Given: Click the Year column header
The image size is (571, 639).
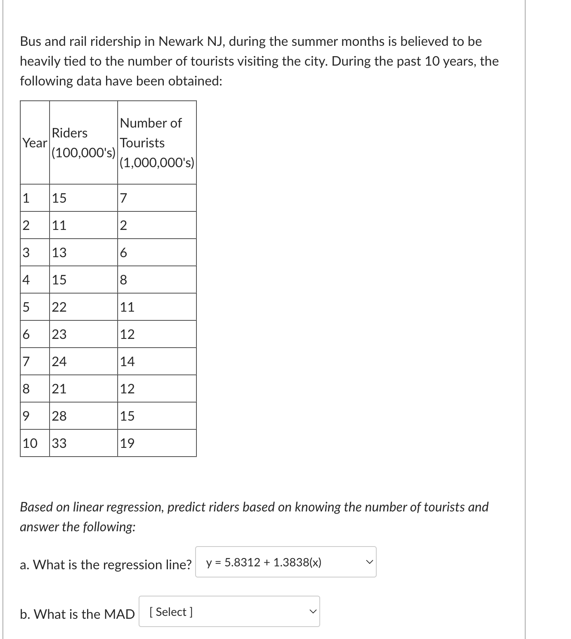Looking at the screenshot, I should pos(35,143).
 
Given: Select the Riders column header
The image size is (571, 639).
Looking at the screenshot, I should pos(83,143).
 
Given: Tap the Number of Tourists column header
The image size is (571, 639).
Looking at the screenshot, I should pos(156,143).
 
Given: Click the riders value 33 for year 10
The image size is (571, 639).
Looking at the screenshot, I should pos(59,443).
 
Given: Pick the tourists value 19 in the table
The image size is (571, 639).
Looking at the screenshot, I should pos(127,443).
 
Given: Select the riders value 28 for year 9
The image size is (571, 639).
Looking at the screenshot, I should pos(59,416).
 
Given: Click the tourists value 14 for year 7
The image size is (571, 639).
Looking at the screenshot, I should pos(127,362).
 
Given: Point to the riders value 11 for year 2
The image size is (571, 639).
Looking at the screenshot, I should pos(59,225).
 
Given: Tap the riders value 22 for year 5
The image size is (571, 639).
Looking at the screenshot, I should pos(59,307).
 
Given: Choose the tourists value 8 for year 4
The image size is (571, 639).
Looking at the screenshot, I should pos(123,280).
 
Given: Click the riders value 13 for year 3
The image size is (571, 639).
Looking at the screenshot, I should pos(59,253).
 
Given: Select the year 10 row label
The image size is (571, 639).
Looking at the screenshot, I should pos(30,443).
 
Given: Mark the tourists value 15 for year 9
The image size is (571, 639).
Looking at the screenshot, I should pos(127,416).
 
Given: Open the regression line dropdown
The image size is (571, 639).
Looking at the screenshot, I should pos(285,562).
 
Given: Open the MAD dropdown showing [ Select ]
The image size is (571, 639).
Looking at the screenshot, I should pos(229,612).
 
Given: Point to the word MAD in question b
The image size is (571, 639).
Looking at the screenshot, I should pos(119,614).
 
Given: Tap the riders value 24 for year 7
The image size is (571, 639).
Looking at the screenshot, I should pos(59,362).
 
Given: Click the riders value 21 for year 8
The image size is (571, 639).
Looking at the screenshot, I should pos(59,389).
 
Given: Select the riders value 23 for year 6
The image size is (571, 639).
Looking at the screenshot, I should pos(59,334).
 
